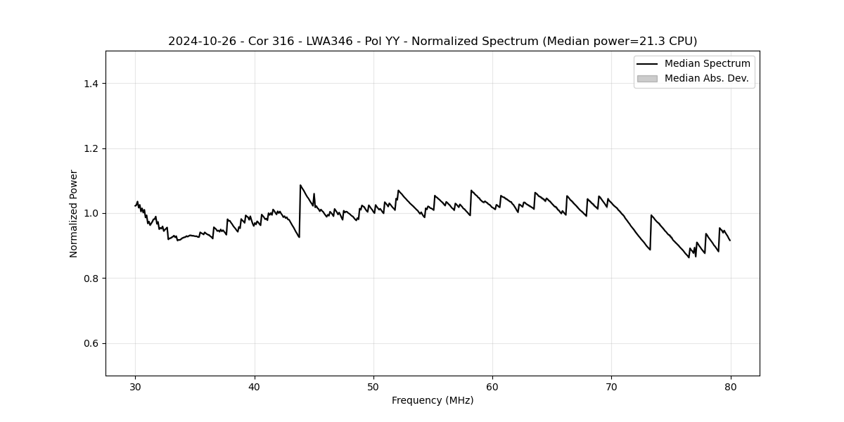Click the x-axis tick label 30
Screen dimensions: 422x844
tap(136, 386)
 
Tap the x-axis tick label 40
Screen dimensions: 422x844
tap(255, 386)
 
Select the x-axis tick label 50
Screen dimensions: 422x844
tap(373, 386)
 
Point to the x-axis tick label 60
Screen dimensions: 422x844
tap(492, 386)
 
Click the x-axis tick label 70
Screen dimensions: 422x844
tap(611, 386)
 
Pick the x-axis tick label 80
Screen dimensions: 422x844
tap(730, 386)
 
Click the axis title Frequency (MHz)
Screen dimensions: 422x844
tap(433, 400)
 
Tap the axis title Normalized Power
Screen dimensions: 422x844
tap(74, 213)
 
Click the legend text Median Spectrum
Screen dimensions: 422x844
tap(707, 64)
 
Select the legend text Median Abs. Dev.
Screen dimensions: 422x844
tap(706, 78)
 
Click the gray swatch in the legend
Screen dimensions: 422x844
tap(647, 78)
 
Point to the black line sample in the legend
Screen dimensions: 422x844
tap(647, 64)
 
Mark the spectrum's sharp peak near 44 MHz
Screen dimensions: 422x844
tap(300, 186)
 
